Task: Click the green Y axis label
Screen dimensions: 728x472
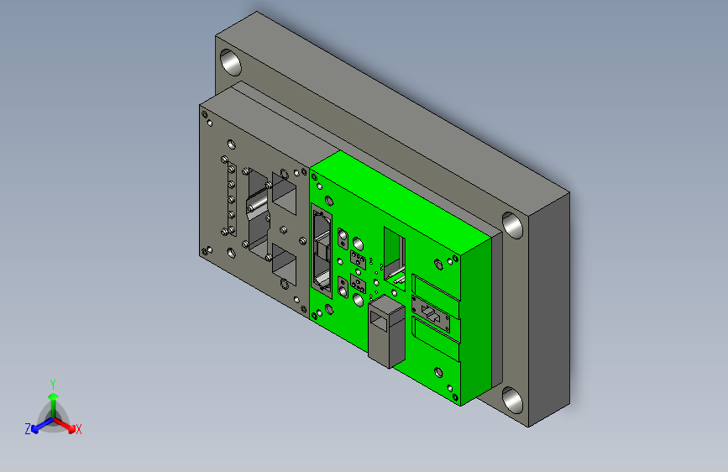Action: (x=53, y=385)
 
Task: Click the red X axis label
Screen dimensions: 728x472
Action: (x=78, y=429)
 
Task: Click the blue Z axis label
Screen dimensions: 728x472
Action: (x=28, y=429)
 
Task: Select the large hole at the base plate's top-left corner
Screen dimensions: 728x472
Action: (x=230, y=62)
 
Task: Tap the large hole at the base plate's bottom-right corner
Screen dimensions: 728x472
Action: (x=512, y=401)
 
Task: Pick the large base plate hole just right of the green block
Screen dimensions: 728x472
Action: (x=512, y=225)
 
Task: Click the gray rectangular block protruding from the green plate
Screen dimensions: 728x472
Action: (x=386, y=332)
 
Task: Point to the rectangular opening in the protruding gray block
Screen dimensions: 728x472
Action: (x=378, y=321)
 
